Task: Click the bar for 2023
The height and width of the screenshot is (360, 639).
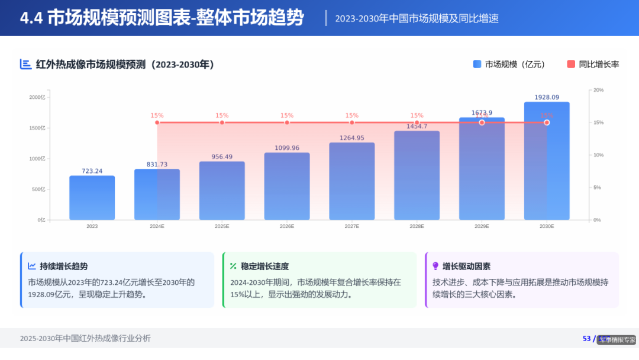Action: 92,198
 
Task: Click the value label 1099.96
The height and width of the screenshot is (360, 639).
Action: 287,148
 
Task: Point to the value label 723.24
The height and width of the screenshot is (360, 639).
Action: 92,171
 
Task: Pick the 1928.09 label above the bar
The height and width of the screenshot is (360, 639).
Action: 547,97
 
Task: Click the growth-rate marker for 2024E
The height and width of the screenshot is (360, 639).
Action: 157,123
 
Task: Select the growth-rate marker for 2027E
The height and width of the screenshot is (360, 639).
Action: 352,123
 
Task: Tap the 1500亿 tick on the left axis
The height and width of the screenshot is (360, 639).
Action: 37,128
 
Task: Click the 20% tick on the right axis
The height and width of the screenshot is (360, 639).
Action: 598,90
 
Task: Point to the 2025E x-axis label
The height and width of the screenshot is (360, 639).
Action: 222,226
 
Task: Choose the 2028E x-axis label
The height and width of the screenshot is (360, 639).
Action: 417,226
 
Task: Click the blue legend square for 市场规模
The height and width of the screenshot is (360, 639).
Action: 477,65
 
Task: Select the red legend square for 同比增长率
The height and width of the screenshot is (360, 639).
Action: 571,65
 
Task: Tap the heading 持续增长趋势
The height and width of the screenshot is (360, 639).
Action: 64,266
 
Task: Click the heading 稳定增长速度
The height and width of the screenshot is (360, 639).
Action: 264,266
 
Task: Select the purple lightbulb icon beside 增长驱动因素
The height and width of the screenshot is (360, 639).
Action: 435,266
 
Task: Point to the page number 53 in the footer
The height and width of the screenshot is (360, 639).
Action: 587,339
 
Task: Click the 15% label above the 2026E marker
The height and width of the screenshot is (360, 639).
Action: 287,115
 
